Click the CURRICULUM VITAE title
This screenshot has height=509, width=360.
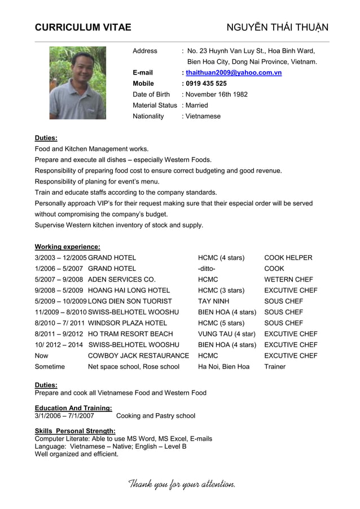coord(83,27)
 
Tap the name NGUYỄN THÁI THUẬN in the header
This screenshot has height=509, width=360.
coord(277,27)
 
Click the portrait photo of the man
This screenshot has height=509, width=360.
coord(77,83)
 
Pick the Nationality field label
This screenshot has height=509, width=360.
coord(148,116)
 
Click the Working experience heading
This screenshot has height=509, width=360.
coord(67,247)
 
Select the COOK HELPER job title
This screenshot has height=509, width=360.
coord(288,258)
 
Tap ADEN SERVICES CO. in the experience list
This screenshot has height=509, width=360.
coord(121,279)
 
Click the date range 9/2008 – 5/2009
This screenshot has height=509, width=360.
coord(59,291)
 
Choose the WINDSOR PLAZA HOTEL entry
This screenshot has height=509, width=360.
coord(128,323)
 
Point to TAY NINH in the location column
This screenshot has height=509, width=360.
coord(213,301)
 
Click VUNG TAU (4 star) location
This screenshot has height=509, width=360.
coord(226,334)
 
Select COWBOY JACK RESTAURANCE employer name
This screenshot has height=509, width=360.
coord(138,356)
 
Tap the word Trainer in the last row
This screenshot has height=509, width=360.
coord(275,367)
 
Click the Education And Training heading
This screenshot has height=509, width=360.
coord(73,408)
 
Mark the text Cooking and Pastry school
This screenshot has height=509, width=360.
coord(155,416)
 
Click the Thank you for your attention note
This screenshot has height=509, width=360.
coord(182,484)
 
